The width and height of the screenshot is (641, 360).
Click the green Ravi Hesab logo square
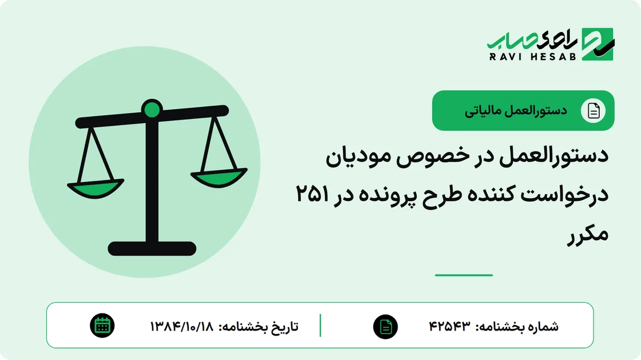(598, 44)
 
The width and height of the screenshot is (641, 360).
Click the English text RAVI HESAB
(533, 57)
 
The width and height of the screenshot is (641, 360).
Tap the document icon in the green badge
(593, 111)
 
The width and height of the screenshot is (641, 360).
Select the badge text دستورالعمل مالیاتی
(515, 111)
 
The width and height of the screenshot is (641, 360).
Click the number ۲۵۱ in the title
(312, 194)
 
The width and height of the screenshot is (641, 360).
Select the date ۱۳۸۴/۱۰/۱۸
(182, 326)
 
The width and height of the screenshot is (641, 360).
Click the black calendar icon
(102, 326)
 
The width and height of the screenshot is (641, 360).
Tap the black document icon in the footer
(386, 326)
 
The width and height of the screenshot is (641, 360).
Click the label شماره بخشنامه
(517, 326)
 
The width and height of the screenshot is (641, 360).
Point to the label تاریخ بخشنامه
(259, 327)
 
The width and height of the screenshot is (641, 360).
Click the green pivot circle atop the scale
(152, 109)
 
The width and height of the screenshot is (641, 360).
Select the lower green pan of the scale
(95, 189)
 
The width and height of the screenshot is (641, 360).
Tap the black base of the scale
(152, 248)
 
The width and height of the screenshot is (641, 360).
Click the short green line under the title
(464, 275)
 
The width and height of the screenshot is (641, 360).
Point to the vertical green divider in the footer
(320, 325)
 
